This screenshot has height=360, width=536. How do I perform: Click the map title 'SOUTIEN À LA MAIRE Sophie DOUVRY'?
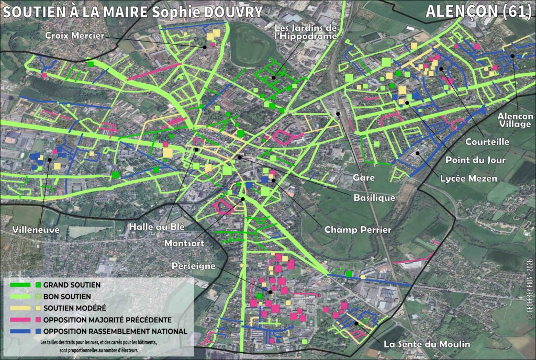(x=132, y=12)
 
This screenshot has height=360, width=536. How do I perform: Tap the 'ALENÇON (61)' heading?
(x=478, y=12)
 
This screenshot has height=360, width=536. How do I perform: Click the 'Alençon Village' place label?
(x=516, y=120)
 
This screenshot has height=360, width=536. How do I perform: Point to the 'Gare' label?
(x=364, y=178)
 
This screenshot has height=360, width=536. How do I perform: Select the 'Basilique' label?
(x=374, y=197)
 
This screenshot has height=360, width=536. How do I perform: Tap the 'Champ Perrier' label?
(x=358, y=229)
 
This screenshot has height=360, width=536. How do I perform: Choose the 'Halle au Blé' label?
(x=153, y=227)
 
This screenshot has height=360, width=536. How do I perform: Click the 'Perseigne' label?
(x=194, y=266)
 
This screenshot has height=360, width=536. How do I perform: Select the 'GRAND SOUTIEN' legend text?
(x=71, y=285)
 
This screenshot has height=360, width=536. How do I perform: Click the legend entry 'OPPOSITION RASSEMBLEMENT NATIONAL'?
(x=115, y=331)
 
